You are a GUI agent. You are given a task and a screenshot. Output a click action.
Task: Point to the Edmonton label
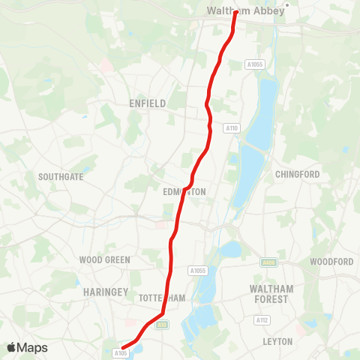tap(184, 192)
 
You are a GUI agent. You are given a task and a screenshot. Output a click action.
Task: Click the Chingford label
tap(298, 174)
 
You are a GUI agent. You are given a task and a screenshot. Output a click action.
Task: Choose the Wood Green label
tap(105, 260)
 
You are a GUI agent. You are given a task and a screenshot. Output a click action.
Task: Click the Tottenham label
tap(162, 298)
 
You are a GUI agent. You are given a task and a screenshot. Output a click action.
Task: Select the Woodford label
tap(331, 262)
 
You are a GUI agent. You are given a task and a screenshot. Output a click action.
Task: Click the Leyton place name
tap(277, 341)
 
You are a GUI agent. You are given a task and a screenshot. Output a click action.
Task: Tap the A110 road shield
tap(232, 128)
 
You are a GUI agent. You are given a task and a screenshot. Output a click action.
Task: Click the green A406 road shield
tap(269, 262)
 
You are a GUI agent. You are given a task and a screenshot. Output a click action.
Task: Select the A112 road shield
tap(262, 320)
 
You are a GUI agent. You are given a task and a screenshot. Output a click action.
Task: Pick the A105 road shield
tap(121, 352)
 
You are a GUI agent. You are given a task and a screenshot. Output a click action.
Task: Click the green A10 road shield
tap(163, 325)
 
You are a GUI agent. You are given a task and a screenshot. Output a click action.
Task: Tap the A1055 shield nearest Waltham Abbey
tap(256, 65)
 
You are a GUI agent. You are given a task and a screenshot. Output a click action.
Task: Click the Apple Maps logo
tap(27, 347)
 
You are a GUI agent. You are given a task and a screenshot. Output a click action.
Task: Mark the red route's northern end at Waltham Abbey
tap(235, 12)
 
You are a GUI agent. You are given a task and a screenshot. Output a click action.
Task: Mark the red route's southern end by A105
tap(122, 346)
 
